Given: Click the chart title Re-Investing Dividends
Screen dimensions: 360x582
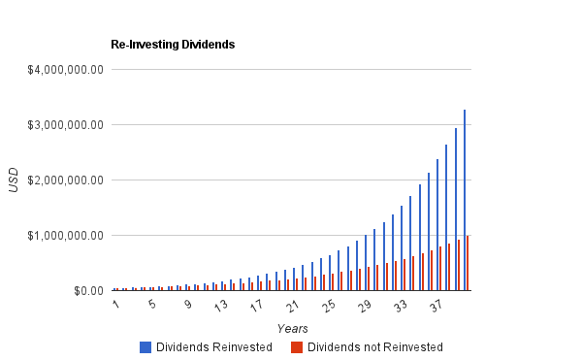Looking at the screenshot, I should point(174,45).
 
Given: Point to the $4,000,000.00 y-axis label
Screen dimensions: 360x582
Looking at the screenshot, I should point(63,69).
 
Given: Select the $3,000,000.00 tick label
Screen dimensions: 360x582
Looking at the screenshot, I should point(63,124).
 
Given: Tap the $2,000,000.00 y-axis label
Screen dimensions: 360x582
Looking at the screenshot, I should point(63,180).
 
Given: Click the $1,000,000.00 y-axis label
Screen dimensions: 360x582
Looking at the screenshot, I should point(63,235).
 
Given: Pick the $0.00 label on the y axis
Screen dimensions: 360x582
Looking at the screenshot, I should point(85,290).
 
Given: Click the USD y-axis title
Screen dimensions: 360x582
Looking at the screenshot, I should point(14,180).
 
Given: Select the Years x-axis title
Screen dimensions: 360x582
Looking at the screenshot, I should point(292,329).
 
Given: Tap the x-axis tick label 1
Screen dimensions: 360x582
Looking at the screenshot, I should point(115,305).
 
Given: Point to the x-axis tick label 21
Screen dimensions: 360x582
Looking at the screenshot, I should point(292,306).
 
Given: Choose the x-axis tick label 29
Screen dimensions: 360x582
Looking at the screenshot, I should point(364,306).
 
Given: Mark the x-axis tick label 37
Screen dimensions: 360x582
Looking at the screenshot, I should point(436,306).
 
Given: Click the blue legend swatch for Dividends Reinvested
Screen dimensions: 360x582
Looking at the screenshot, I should point(145,346).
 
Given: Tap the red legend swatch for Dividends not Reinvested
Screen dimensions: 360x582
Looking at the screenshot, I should point(298,346).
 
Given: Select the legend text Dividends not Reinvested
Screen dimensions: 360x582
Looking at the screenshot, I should point(374,346).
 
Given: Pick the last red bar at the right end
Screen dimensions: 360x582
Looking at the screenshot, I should point(468,263).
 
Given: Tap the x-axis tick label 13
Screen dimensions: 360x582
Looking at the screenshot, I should point(220,306).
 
